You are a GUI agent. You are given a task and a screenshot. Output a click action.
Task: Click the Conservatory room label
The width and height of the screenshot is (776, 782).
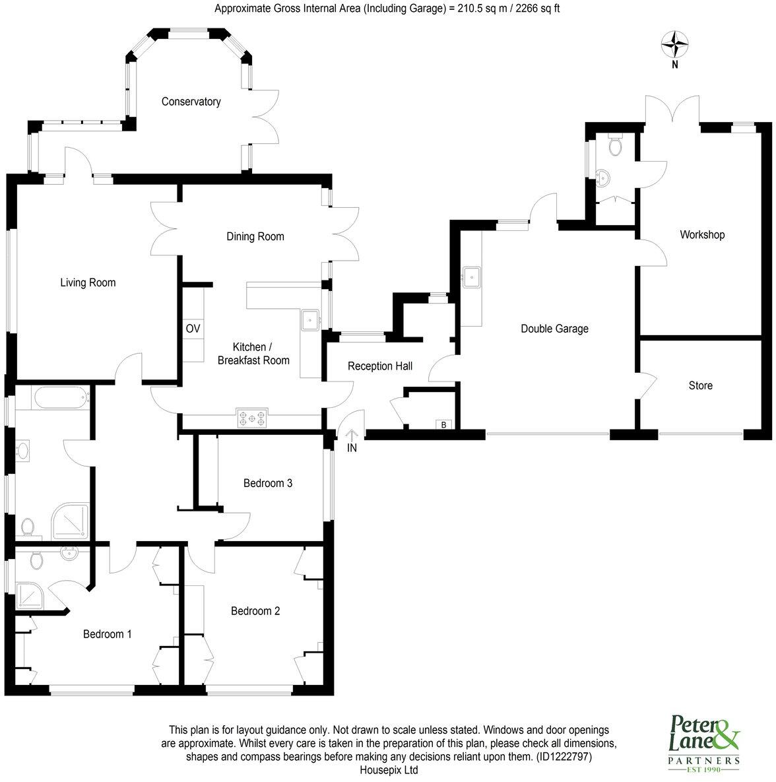pos(191,102)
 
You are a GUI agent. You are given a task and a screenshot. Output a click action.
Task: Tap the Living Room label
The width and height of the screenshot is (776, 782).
pos(88,283)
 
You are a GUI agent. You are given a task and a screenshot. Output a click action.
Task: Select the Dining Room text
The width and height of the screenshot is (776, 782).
pos(255,236)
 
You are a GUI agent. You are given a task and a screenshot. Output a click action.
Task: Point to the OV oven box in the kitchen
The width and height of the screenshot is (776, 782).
pos(193,329)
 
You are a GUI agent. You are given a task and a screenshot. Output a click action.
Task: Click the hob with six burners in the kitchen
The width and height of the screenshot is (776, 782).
pos(252,417)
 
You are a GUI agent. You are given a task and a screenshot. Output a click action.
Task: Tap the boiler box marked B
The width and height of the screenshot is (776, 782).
pos(444,424)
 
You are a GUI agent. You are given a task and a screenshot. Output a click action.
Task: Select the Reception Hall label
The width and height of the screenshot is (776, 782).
pos(379,366)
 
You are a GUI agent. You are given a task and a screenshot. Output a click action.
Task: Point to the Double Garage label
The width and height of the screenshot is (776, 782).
pos(554,329)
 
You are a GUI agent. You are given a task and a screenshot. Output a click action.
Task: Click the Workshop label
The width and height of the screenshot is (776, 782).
pos(702,235)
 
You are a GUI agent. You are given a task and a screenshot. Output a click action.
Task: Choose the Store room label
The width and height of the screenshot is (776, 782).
pos(700,385)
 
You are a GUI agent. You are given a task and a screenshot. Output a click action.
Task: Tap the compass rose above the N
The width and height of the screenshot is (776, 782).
pos(674,45)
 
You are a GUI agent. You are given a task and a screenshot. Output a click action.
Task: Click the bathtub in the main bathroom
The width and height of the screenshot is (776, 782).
pos(59,398)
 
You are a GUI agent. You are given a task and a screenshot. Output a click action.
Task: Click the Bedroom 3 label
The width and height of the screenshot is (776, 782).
pos(268,483)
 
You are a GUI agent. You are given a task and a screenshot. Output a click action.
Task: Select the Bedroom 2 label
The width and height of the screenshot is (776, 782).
pos(255,611)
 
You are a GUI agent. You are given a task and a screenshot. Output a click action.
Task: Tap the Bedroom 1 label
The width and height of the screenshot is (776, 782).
pos(107,634)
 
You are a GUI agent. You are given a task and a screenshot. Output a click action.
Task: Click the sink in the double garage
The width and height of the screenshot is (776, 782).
pos(472,277)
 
